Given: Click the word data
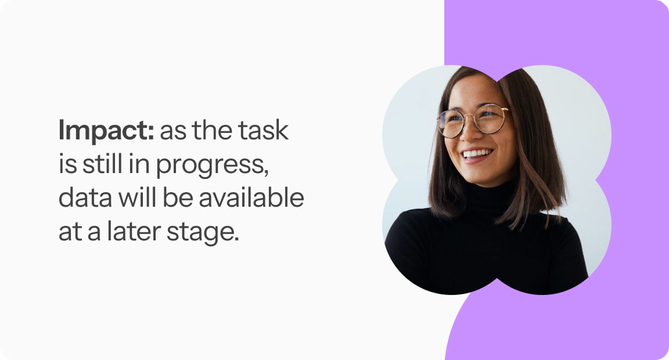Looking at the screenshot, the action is (85, 198).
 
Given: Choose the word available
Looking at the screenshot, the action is (251, 197).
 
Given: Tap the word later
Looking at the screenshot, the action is (133, 232).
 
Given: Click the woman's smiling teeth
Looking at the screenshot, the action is (477, 153).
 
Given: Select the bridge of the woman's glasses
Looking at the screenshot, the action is (468, 115).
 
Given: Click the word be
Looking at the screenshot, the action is (178, 197).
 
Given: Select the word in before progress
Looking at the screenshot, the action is (139, 164).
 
